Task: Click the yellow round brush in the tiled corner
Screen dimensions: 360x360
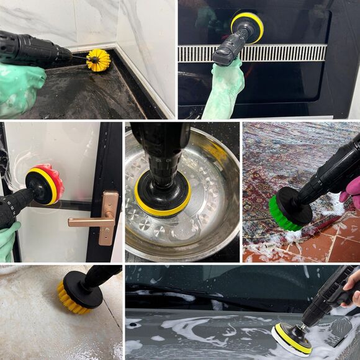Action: click(x=98, y=60)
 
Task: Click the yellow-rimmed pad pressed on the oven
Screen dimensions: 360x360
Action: click(x=248, y=26)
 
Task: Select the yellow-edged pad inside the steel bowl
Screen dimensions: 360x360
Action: click(x=163, y=202)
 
